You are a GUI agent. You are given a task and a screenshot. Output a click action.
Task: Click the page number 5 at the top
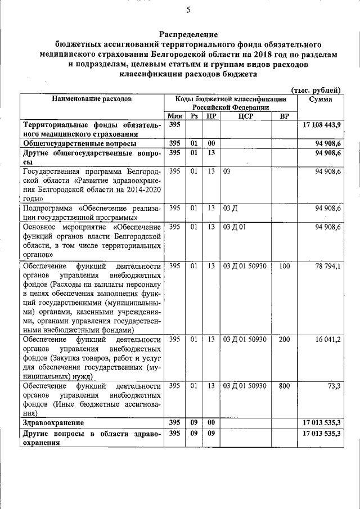pyautogui.click(x=188, y=8)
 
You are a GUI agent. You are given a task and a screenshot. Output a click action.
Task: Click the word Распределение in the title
pyautogui.click(x=188, y=35)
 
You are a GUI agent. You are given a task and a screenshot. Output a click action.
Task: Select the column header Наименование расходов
pyautogui.click(x=92, y=99)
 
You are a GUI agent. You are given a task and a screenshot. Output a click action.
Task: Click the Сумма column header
pyautogui.click(x=320, y=99)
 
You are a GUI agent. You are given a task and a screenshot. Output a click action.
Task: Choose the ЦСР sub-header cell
pyautogui.click(x=245, y=116)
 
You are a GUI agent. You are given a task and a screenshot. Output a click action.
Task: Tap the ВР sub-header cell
pyautogui.click(x=284, y=116)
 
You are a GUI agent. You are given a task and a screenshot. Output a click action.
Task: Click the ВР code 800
pyautogui.click(x=284, y=386)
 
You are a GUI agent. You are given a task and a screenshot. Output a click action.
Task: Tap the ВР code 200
pyautogui.click(x=284, y=340)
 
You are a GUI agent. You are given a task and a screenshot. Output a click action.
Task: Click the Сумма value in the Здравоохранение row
pyautogui.click(x=322, y=422)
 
